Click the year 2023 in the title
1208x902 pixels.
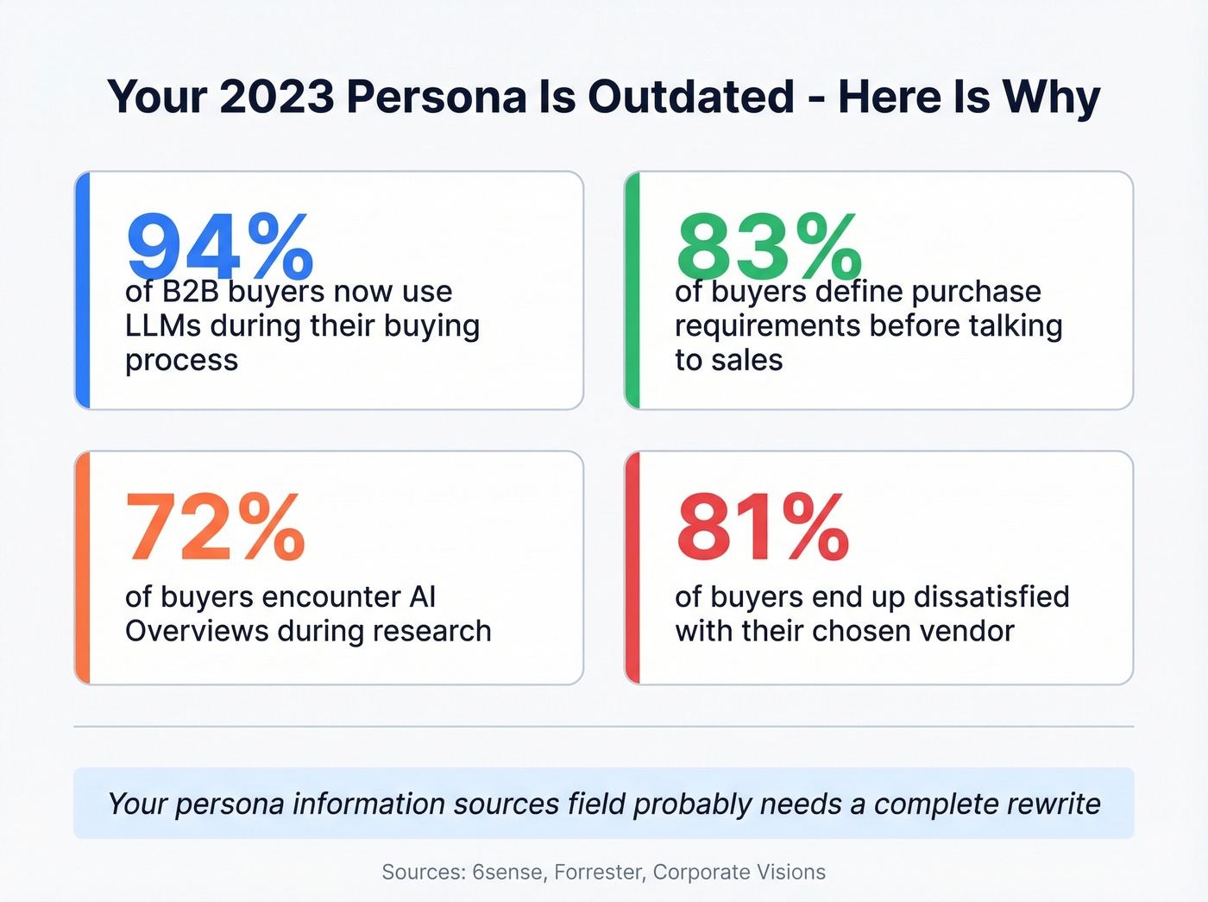pos(276,97)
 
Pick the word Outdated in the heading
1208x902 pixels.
pos(690,97)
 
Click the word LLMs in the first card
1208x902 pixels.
pos(163,326)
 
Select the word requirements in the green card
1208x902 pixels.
pos(767,326)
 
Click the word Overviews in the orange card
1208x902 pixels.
pos(197,631)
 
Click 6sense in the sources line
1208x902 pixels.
pos(507,872)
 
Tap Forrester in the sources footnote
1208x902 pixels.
pos(599,872)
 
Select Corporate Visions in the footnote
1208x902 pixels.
pos(739,872)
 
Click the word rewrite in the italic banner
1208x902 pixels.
pos(1048,804)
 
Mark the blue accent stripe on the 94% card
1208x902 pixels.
pos(82,290)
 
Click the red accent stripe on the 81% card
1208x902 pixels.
pos(632,568)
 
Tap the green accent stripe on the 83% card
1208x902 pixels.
pos(632,290)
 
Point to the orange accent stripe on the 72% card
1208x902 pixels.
pos(82,568)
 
